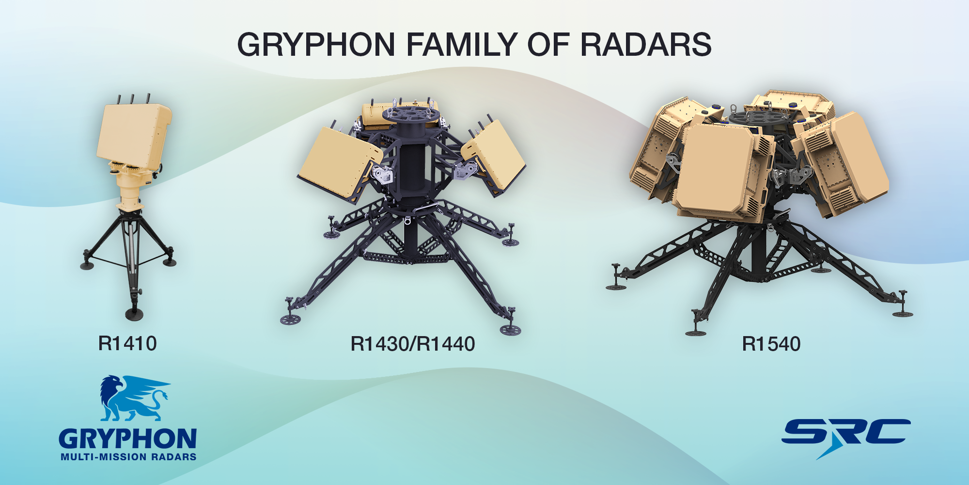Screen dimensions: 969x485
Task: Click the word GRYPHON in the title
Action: pyautogui.click(x=316, y=45)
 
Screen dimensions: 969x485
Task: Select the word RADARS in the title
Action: pyautogui.click(x=646, y=45)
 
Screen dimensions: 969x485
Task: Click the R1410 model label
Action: pyautogui.click(x=127, y=343)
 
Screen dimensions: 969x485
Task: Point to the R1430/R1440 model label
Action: pyautogui.click(x=413, y=344)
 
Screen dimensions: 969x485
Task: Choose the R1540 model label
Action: pyautogui.click(x=771, y=344)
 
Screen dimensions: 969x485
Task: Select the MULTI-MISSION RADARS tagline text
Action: pyautogui.click(x=128, y=457)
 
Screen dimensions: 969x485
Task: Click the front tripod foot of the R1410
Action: pyautogui.click(x=134, y=313)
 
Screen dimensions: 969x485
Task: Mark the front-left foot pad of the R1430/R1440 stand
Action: pyautogui.click(x=291, y=319)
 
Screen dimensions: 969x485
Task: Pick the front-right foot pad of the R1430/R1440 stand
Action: pyautogui.click(x=510, y=330)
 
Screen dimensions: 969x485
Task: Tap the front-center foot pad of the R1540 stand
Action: pyautogui.click(x=696, y=333)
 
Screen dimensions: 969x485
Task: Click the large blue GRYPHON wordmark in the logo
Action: pyautogui.click(x=128, y=438)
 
